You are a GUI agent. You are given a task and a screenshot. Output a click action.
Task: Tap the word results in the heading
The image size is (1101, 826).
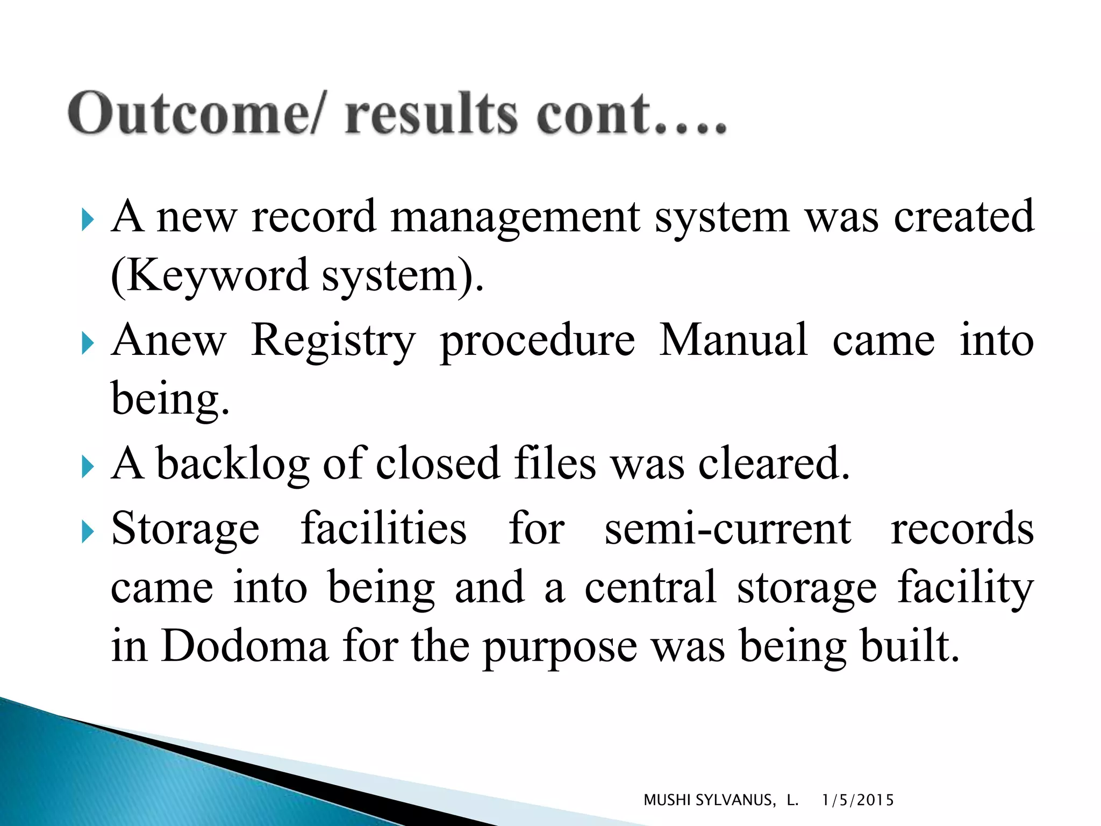pyautogui.click(x=432, y=113)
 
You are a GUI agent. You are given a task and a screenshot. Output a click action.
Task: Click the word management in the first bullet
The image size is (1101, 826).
pyautogui.click(x=516, y=217)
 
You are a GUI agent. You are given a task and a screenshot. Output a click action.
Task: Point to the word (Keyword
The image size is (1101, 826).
pyautogui.click(x=210, y=275)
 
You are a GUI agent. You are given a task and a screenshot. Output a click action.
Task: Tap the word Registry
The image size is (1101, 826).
pyautogui.click(x=333, y=341)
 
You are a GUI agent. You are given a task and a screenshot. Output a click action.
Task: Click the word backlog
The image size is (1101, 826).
pyautogui.click(x=233, y=464)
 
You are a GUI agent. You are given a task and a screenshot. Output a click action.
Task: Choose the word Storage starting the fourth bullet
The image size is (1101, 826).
pyautogui.click(x=185, y=529)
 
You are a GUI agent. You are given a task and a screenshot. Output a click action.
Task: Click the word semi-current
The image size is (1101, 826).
pyautogui.click(x=728, y=528)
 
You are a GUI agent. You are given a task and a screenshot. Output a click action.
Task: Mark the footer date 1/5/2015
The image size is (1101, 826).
pyautogui.click(x=858, y=800)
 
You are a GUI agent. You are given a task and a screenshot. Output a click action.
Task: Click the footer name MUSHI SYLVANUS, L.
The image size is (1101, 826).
pyautogui.click(x=720, y=800)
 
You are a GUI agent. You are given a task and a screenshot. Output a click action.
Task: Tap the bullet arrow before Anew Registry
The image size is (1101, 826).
pyautogui.click(x=88, y=343)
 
